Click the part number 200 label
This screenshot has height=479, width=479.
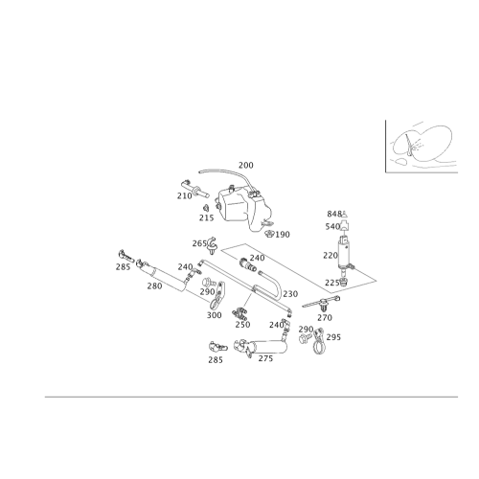coord(246,166)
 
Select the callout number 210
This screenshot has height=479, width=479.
coord(184,194)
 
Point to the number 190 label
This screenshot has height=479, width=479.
coord(283,234)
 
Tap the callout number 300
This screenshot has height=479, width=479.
coord(215,315)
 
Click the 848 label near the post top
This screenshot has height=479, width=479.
coord(333,213)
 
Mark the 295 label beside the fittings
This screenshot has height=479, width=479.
coord(333,337)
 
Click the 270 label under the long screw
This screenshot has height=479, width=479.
coord(265,358)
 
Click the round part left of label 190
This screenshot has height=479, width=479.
coord(266,228)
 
